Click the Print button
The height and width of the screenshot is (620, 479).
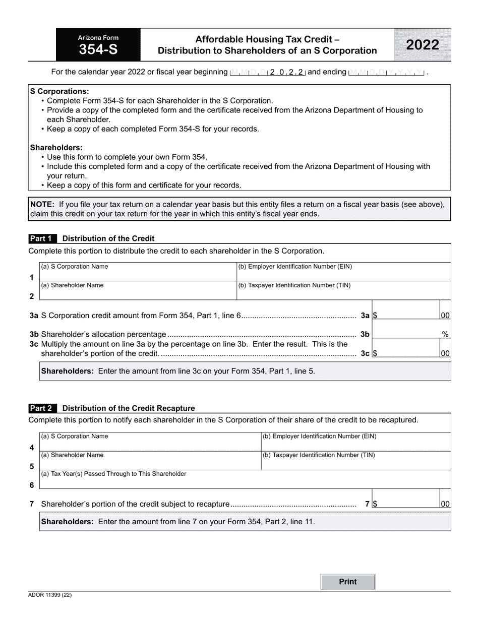click(x=348, y=582)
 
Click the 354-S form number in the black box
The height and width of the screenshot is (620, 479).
click(x=98, y=49)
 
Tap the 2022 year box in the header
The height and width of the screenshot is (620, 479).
click(x=423, y=45)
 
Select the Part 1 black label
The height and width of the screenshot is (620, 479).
click(x=42, y=238)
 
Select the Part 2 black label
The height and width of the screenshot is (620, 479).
click(x=42, y=408)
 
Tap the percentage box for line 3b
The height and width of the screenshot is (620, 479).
click(x=406, y=334)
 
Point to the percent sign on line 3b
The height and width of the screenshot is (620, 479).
click(x=445, y=334)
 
